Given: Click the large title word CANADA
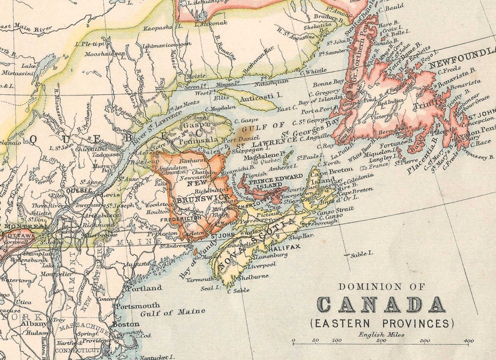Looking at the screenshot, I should [x=382, y=304].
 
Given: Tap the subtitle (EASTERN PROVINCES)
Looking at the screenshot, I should [x=382, y=323].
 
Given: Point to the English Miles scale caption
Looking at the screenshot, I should [x=381, y=334].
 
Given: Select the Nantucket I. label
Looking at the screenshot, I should [x=153, y=356].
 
